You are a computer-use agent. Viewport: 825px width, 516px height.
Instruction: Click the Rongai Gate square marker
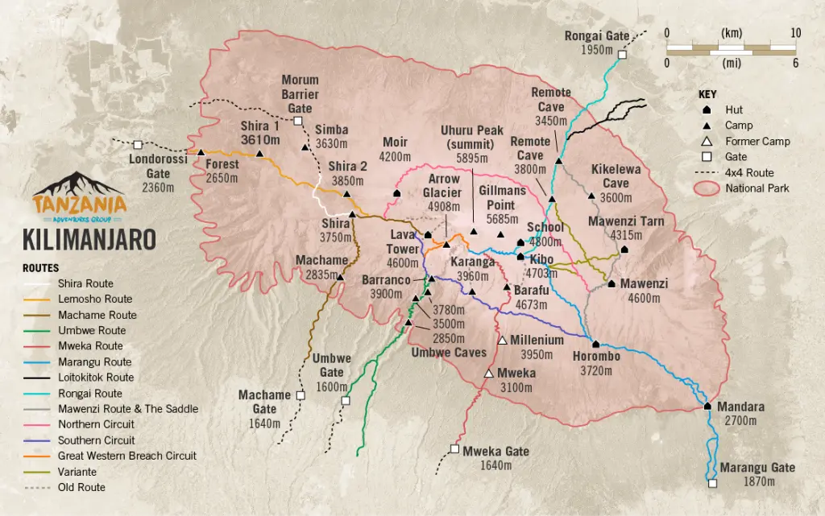(x=622, y=55)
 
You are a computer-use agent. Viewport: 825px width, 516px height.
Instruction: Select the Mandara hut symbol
(x=707, y=406)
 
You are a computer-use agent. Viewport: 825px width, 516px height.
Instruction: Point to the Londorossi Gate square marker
(x=138, y=145)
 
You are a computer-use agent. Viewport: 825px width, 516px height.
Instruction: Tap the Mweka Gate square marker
(x=454, y=449)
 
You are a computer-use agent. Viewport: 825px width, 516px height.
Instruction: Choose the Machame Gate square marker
(x=301, y=396)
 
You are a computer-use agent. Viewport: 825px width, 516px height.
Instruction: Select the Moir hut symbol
(x=396, y=193)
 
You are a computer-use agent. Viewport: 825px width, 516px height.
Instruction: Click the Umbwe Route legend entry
(x=91, y=330)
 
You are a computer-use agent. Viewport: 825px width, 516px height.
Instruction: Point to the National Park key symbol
(x=707, y=188)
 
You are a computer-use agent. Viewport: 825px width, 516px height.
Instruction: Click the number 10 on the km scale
(x=794, y=33)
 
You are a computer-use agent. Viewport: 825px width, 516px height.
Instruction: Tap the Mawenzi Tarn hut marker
(x=624, y=250)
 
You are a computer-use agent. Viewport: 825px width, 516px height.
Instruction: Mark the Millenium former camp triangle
(x=502, y=341)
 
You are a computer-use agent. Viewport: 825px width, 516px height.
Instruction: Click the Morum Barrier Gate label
(x=300, y=94)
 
